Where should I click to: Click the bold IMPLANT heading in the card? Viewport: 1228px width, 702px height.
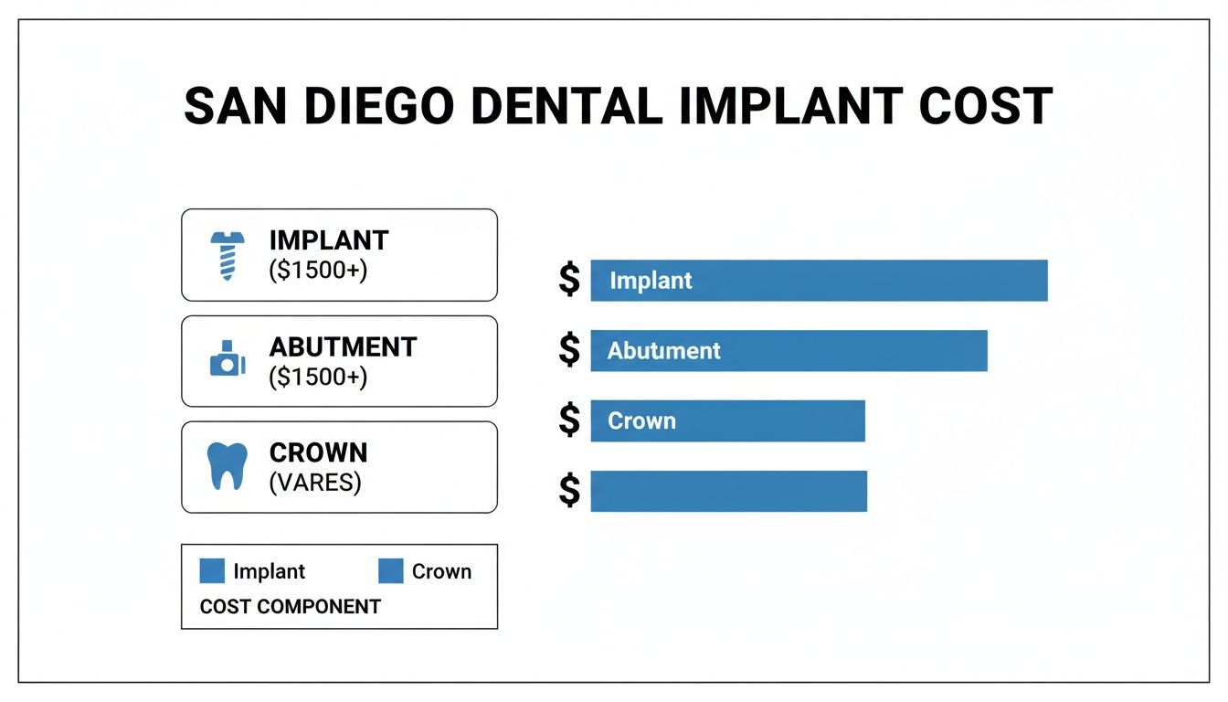click(329, 240)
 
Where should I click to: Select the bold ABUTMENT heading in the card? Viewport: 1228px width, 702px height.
click(343, 347)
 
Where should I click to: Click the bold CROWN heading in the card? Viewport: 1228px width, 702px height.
click(318, 452)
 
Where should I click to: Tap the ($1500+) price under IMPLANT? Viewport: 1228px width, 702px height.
click(318, 271)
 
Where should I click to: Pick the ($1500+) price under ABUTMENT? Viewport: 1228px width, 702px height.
click(318, 377)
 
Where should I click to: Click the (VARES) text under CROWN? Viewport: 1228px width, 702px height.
click(315, 483)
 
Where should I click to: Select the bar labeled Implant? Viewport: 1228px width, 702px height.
click(819, 281)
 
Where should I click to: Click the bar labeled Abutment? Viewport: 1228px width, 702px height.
click(789, 351)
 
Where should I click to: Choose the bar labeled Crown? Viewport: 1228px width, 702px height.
click(727, 421)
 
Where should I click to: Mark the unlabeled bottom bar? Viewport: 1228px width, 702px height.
click(728, 492)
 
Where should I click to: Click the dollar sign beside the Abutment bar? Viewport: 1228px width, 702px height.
click(569, 350)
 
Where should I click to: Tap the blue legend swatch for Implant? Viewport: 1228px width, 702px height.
click(212, 571)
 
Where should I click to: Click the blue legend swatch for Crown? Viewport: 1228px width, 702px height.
click(391, 571)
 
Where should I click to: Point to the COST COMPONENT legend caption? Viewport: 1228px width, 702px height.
click(290, 606)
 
